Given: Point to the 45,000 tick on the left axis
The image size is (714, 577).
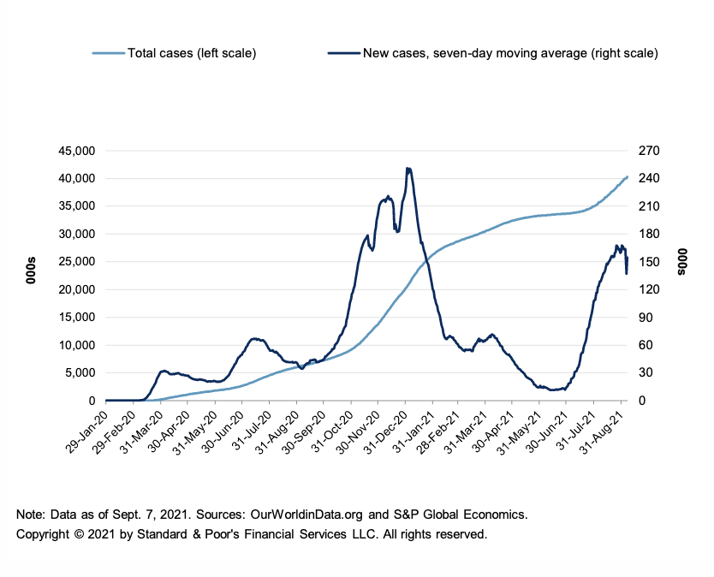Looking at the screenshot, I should (x=75, y=151).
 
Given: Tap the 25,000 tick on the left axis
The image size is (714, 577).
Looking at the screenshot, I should (x=75, y=262).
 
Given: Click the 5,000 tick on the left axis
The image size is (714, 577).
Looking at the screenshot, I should (x=79, y=373).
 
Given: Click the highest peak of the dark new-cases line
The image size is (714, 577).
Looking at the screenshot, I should (x=408, y=169).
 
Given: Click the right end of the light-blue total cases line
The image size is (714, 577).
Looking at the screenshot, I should (x=628, y=177).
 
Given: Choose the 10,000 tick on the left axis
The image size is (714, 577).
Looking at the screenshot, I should (x=75, y=345).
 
